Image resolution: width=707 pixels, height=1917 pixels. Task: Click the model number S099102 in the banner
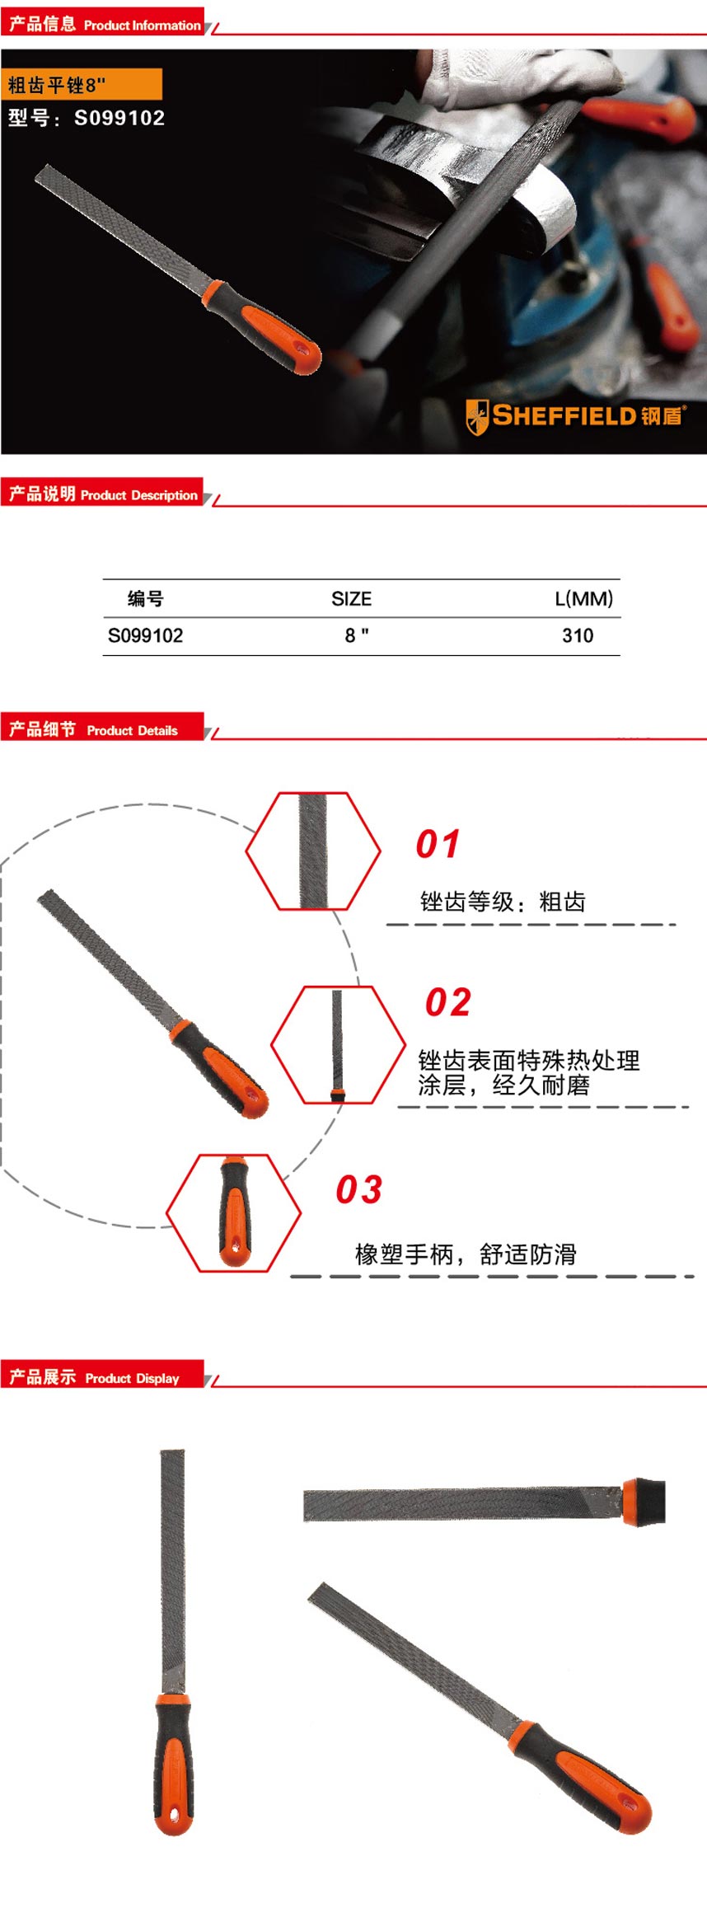click(119, 118)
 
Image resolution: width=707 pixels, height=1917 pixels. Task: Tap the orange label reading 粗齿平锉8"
click(81, 85)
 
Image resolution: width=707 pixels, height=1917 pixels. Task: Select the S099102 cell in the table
click(145, 635)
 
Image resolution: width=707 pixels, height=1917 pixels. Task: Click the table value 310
click(577, 635)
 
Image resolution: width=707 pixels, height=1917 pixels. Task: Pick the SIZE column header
click(351, 599)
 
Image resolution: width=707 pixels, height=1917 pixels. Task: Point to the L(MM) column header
click(583, 599)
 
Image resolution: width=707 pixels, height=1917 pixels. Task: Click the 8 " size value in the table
click(356, 635)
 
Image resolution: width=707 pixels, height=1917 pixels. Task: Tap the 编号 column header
click(145, 599)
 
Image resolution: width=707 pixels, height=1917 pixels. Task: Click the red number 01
click(437, 844)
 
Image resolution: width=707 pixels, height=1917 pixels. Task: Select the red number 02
click(447, 1002)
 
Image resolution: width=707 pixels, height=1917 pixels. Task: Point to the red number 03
click(358, 1189)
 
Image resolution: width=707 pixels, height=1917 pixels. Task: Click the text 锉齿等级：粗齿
click(502, 902)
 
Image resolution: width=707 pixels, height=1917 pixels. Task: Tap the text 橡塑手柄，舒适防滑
click(466, 1254)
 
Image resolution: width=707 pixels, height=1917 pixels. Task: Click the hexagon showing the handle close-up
click(234, 1212)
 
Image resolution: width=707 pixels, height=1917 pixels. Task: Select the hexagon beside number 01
click(313, 851)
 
